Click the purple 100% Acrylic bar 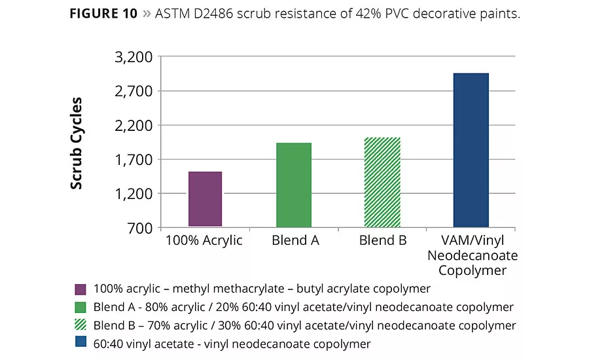(205, 199)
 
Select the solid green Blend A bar (293, 185)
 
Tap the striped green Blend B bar (382, 182)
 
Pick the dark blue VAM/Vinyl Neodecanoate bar (471, 150)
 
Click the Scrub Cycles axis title (77, 143)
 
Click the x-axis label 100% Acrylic (204, 240)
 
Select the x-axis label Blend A (295, 240)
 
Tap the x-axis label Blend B (383, 240)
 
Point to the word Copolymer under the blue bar (472, 270)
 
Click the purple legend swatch (81, 289)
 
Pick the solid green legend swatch (81, 308)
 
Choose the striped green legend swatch (81, 326)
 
